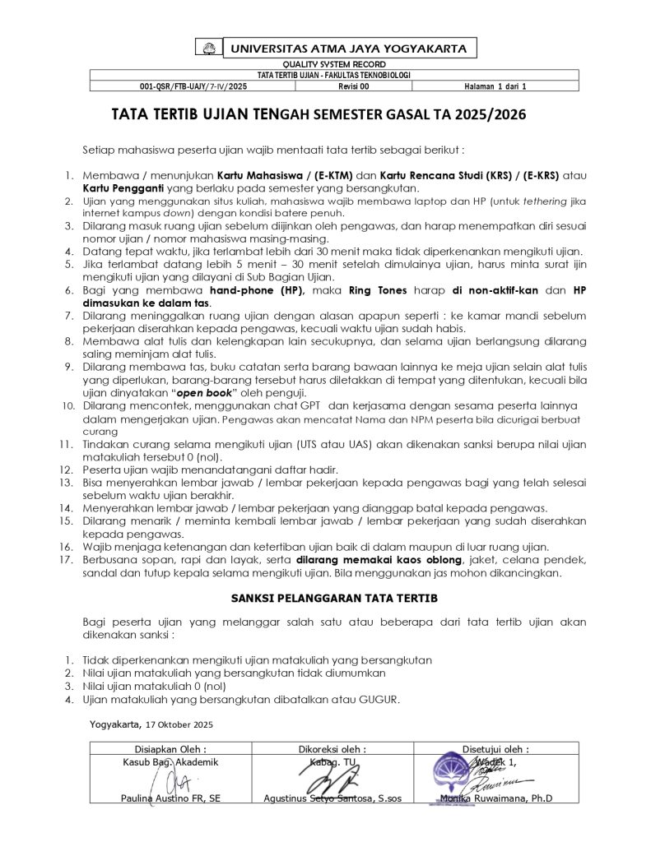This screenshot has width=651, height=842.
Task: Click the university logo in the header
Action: tap(209, 49)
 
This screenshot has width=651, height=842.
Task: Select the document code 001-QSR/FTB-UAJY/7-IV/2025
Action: tap(193, 86)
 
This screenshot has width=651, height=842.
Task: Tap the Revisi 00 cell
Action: tap(354, 86)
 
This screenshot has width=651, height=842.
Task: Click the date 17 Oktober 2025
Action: tap(179, 724)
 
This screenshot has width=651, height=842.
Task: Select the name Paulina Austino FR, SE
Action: tap(170, 798)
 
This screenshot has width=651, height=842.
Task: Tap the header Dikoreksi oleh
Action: tap(332, 749)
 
